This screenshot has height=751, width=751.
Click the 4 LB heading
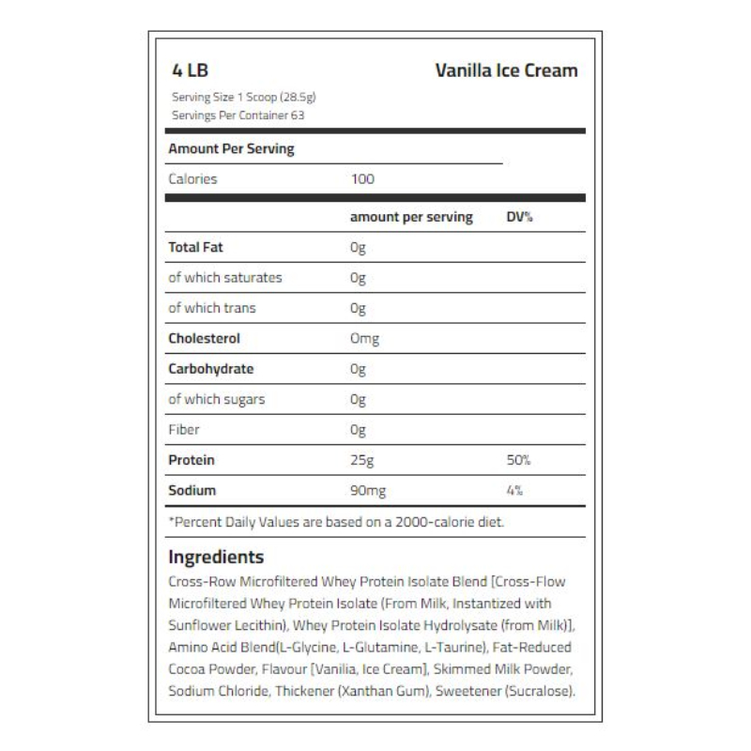[192, 71]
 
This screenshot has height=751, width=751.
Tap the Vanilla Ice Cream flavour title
[506, 71]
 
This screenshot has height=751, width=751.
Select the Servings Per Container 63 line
[238, 115]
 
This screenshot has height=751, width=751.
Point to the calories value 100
[362, 178]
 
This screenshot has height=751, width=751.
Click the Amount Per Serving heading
[231, 148]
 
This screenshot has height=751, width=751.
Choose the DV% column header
[519, 217]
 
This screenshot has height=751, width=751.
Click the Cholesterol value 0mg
[364, 339]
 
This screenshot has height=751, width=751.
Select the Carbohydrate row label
[210, 369]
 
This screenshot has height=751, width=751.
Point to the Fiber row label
[184, 430]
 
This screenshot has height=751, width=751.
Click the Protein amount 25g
[360, 460]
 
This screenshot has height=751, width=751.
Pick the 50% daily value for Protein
[519, 460]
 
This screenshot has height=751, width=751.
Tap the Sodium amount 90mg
[367, 490]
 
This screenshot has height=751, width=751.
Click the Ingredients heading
[216, 557]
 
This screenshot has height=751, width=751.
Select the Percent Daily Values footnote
[336, 522]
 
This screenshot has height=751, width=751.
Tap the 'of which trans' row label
[212, 308]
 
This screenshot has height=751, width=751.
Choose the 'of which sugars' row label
[217, 399]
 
